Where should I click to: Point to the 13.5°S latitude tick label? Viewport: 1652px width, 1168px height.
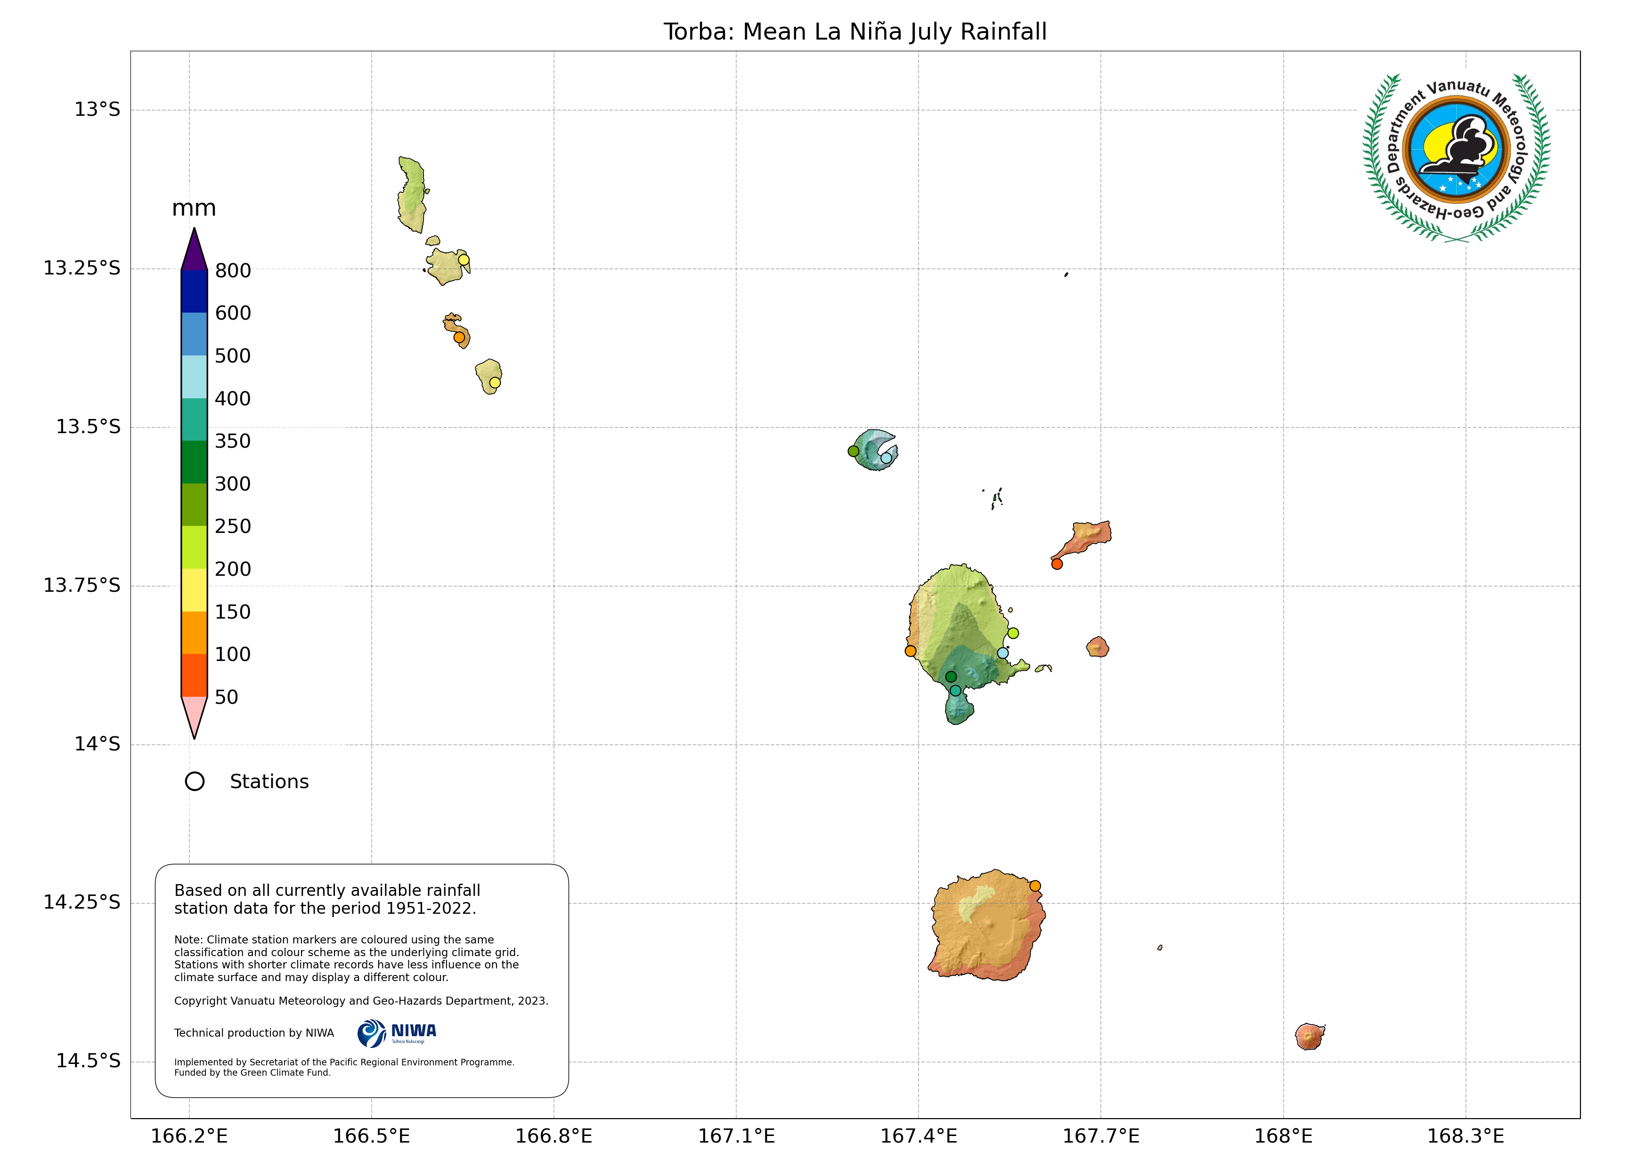coord(88,427)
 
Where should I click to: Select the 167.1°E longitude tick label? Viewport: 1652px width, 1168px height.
coord(736,1136)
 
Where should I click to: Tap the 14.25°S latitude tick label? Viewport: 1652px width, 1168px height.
coord(81,902)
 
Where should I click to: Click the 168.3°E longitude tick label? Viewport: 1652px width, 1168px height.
coord(1465,1136)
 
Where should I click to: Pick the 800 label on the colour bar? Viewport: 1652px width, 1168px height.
coord(233,271)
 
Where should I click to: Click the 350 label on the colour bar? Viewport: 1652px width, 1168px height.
coord(233,442)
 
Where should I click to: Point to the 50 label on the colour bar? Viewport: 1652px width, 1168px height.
coord(227,698)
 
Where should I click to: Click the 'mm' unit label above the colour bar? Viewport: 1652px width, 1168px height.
coord(194,209)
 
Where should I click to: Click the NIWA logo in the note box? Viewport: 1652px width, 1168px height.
coord(397,1033)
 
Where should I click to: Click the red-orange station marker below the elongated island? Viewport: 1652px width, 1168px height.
coord(1057,564)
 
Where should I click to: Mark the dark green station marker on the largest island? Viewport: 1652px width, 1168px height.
coord(951,677)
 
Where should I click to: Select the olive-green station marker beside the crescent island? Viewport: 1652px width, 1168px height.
coord(854,451)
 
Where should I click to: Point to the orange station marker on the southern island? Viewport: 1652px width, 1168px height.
coord(1034,886)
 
